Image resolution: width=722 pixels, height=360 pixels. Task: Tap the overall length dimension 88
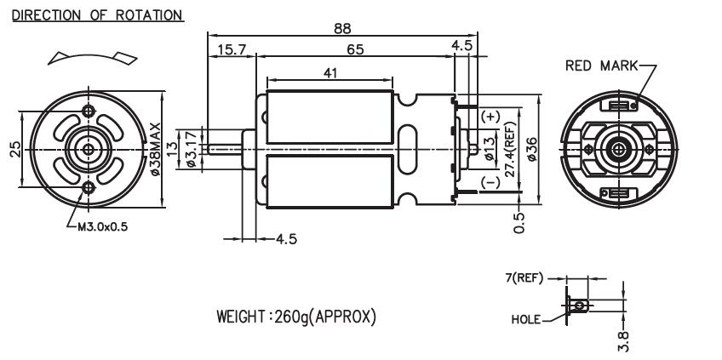point(341,29)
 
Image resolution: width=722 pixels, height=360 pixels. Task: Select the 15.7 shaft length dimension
point(231,51)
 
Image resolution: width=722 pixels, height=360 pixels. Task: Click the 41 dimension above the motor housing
point(329,73)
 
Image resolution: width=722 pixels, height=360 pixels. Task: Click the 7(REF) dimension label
point(545,278)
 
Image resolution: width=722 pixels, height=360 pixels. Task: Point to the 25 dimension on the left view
point(14,150)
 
